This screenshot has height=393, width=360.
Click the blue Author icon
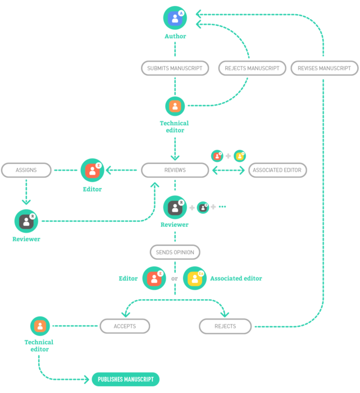click(x=175, y=18)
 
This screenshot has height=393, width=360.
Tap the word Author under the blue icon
click(x=175, y=36)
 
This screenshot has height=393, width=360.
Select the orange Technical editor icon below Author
click(x=175, y=106)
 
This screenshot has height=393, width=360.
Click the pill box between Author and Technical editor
click(x=175, y=68)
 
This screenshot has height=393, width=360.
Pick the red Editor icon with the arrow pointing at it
click(x=92, y=170)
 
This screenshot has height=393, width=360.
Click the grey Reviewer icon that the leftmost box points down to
click(x=26, y=221)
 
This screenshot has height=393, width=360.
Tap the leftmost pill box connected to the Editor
click(x=26, y=170)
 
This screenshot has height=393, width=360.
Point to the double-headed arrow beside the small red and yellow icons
click(x=228, y=170)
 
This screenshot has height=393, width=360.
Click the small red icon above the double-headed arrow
click(x=217, y=156)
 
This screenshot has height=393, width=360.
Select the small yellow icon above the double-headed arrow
click(x=239, y=156)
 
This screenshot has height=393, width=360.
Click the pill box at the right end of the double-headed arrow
click(x=277, y=170)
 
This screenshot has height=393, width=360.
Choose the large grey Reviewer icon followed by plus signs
click(x=175, y=207)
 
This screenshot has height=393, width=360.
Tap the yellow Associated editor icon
click(x=194, y=278)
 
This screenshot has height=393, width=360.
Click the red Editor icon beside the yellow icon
click(x=154, y=278)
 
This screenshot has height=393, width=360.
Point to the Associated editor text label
click(x=236, y=278)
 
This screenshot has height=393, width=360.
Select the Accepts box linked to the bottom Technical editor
click(x=125, y=326)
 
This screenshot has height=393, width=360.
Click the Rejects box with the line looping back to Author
click(x=225, y=326)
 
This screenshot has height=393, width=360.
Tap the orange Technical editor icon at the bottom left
click(x=40, y=326)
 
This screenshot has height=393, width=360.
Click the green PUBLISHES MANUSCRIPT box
click(x=126, y=379)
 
